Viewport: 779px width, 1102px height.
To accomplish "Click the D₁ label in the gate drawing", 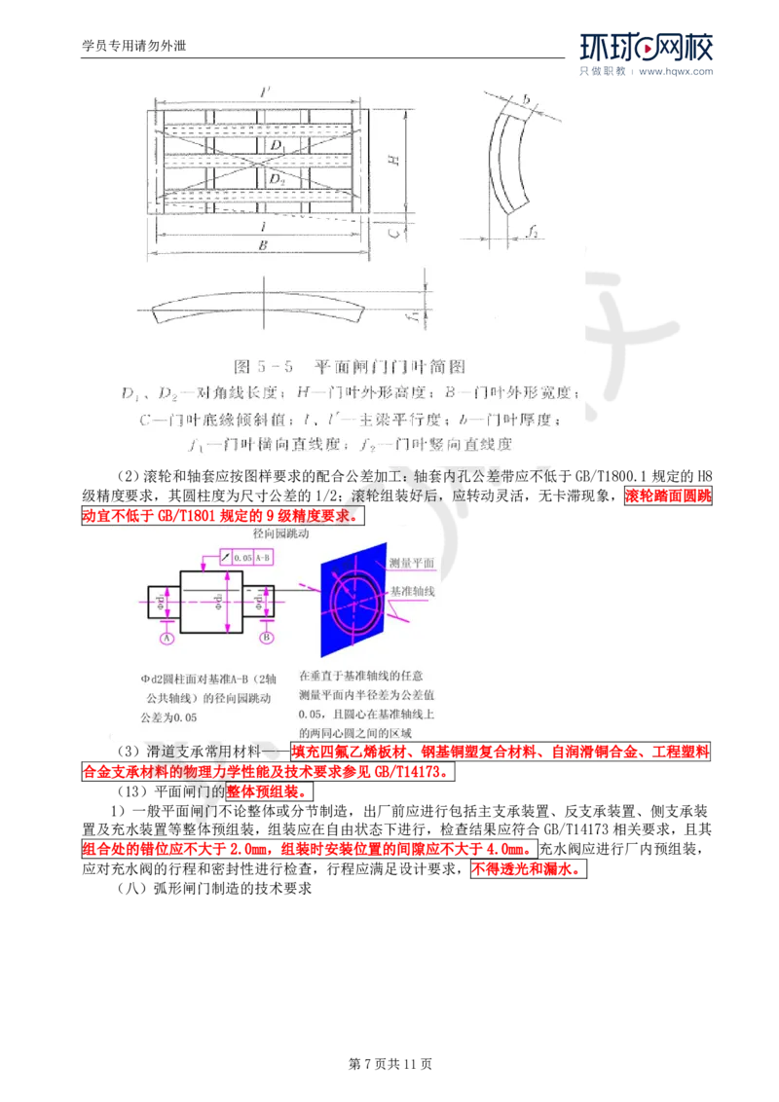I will pyautogui.click(x=278, y=145).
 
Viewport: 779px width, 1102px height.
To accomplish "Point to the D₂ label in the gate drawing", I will pyautogui.click(x=278, y=179).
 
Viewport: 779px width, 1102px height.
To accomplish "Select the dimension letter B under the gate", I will pyautogui.click(x=262, y=246).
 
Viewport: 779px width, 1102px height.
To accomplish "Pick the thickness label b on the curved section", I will pyautogui.click(x=525, y=99).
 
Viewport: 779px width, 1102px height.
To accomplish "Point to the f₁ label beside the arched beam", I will pyautogui.click(x=414, y=313).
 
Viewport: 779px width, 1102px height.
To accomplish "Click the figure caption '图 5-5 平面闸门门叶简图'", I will pyautogui.click(x=351, y=367).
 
